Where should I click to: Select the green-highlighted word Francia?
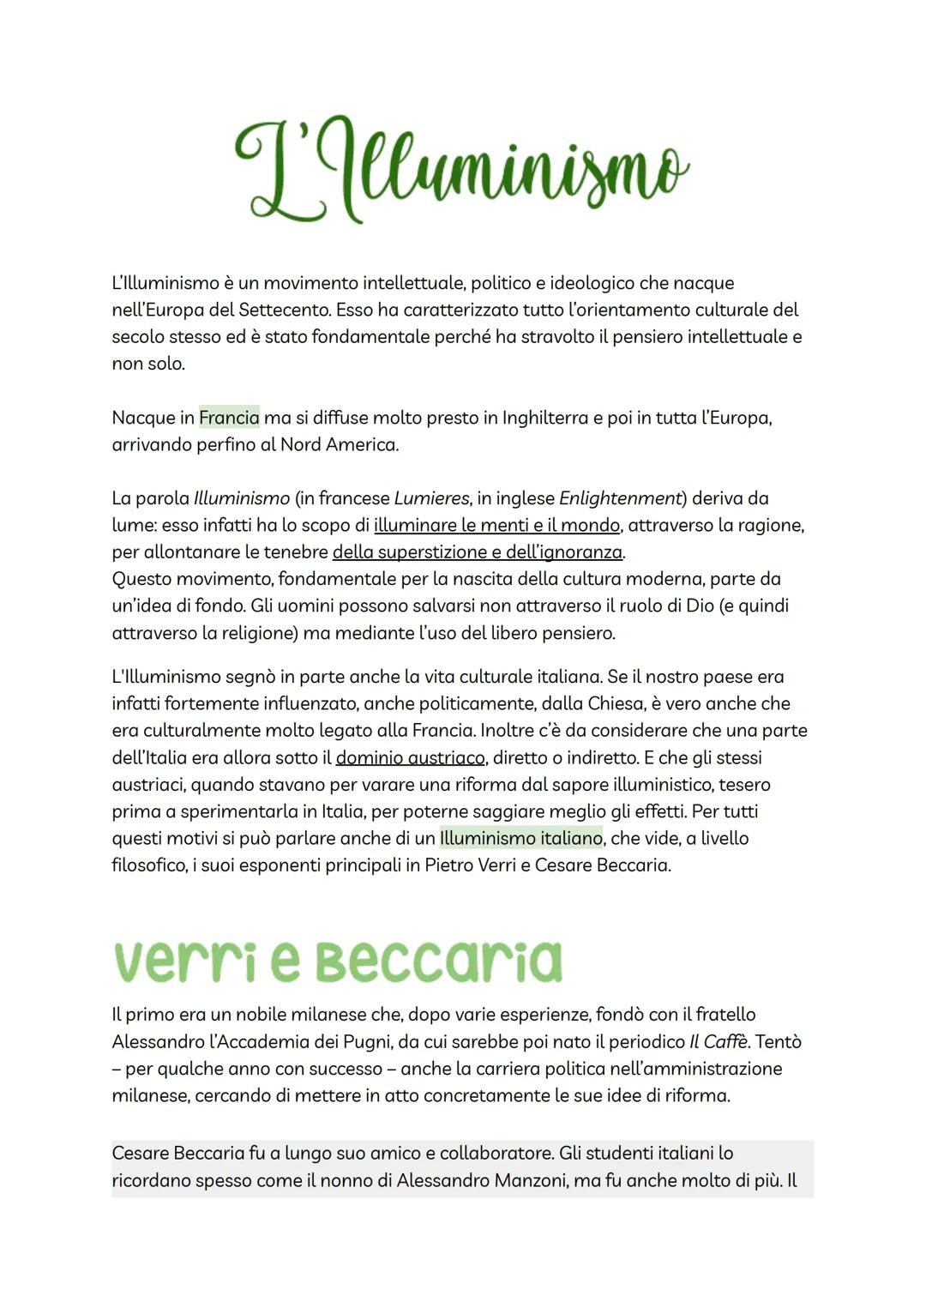coord(229,418)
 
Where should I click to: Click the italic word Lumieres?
coord(431,498)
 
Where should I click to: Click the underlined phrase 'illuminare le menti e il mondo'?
coord(496,525)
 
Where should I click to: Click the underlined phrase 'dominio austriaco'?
coord(411,758)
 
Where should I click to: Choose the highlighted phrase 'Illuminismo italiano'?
coord(521,838)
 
